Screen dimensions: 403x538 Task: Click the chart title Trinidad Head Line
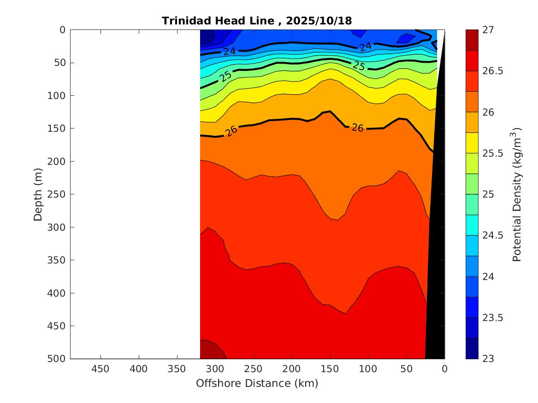(221, 21)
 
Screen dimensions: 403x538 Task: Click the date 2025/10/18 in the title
(319, 21)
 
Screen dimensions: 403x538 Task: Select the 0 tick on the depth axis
(63, 30)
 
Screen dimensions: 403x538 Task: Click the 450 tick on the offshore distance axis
(101, 369)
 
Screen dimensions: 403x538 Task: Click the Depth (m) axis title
(38, 194)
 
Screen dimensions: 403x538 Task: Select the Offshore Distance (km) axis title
(257, 383)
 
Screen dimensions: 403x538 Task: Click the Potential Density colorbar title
(517, 194)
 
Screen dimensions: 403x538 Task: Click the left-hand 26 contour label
(231, 131)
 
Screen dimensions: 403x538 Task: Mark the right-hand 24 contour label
(366, 46)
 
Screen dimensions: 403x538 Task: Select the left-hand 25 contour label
(225, 76)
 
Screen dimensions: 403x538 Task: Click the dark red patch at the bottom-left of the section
(211, 350)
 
